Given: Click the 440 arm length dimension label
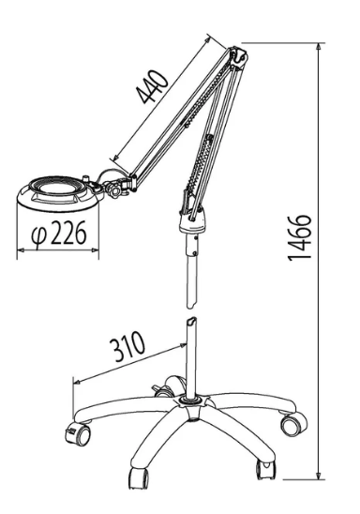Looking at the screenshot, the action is [x=153, y=86].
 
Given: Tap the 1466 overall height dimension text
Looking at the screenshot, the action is [x=299, y=237].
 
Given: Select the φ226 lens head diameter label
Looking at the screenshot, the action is [x=59, y=233].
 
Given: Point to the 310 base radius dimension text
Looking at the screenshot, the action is [x=127, y=346].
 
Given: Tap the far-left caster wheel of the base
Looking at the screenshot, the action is [x=77, y=436].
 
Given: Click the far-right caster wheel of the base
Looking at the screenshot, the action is [x=293, y=425].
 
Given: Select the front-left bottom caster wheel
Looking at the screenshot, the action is [x=139, y=478].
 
